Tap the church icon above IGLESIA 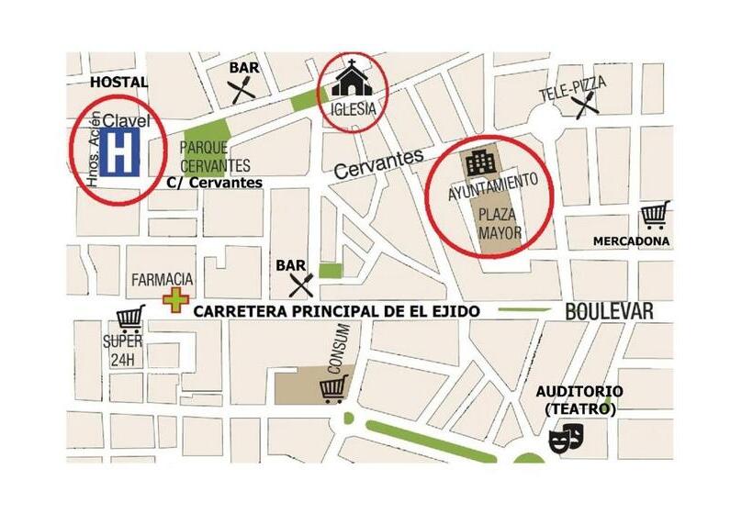coord(353,79)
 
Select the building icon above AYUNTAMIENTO coord(481,165)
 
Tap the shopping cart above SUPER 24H coord(129,318)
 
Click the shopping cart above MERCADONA coord(655,215)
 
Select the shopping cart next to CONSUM coord(332,390)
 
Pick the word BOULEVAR coord(609,312)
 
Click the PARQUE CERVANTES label coord(216,156)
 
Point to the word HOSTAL coord(118,83)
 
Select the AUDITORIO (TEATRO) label coord(579,399)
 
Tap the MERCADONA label coord(631,241)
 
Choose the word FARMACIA coord(163,278)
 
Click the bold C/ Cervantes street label coord(215,183)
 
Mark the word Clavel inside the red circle coord(126,119)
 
